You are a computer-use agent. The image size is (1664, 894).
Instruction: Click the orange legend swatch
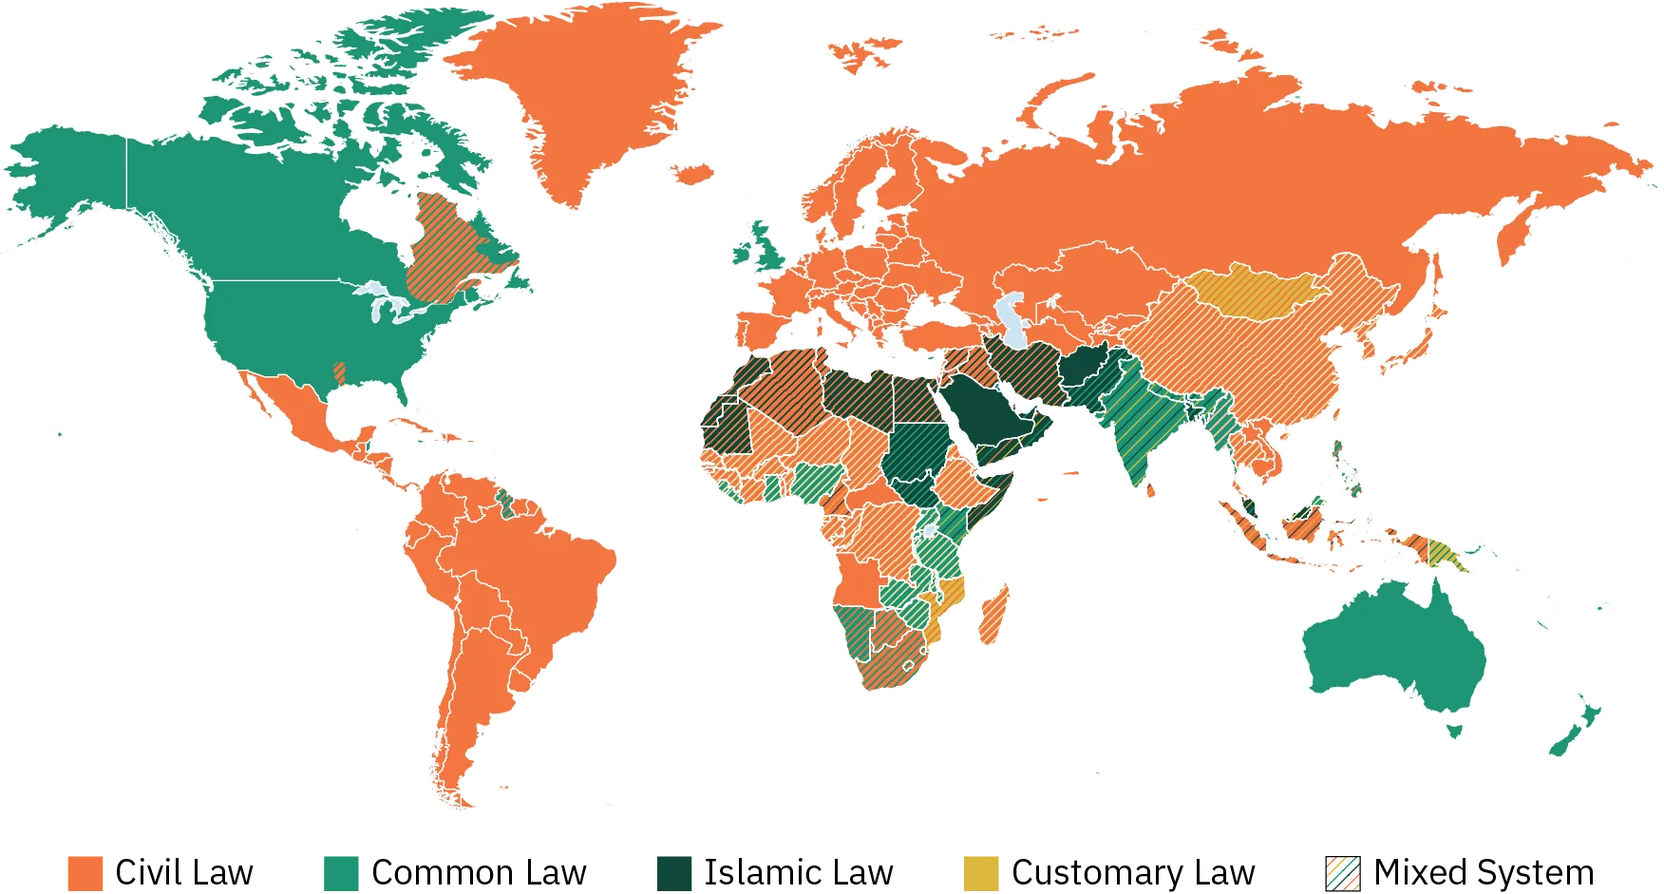click(84, 872)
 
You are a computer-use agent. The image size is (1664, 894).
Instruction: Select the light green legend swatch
click(342, 872)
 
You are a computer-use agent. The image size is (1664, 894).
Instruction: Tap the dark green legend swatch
click(675, 872)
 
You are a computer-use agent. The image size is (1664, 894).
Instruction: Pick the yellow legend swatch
click(981, 872)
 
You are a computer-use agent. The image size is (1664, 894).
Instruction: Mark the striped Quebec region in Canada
click(456, 247)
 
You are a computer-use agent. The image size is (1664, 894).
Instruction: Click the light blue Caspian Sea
click(1014, 318)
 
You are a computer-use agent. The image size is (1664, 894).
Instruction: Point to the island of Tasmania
click(1454, 730)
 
